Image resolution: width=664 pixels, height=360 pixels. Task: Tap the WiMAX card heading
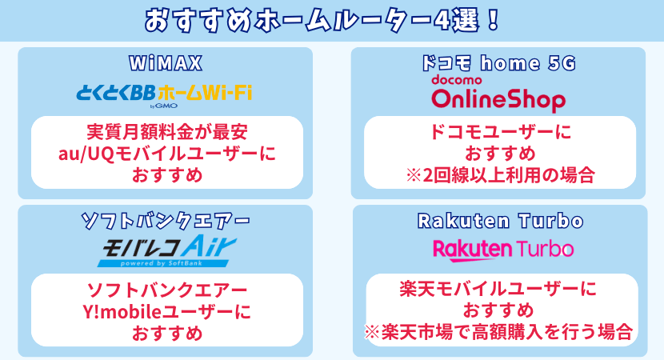click(165, 63)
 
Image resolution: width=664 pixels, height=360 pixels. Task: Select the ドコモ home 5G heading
click(498, 63)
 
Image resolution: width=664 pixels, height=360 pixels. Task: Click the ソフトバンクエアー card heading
click(166, 220)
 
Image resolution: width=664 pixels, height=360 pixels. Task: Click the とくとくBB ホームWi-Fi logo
click(164, 93)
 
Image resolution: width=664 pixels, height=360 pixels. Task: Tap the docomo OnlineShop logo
click(498, 96)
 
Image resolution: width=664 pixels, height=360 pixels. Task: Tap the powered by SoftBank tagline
click(160, 262)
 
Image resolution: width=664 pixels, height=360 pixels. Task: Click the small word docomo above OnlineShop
click(456, 81)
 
